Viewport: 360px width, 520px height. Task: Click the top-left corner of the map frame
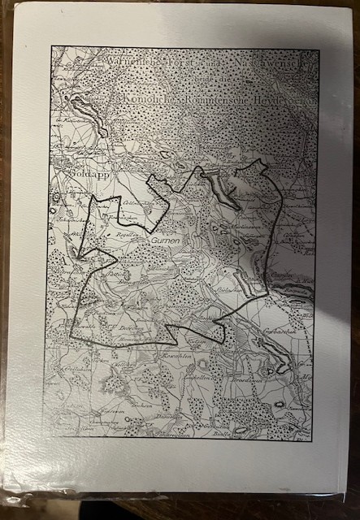point(51,47)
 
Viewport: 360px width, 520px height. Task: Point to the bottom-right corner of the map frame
point(313,438)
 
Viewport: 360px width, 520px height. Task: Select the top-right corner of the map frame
point(319,50)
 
